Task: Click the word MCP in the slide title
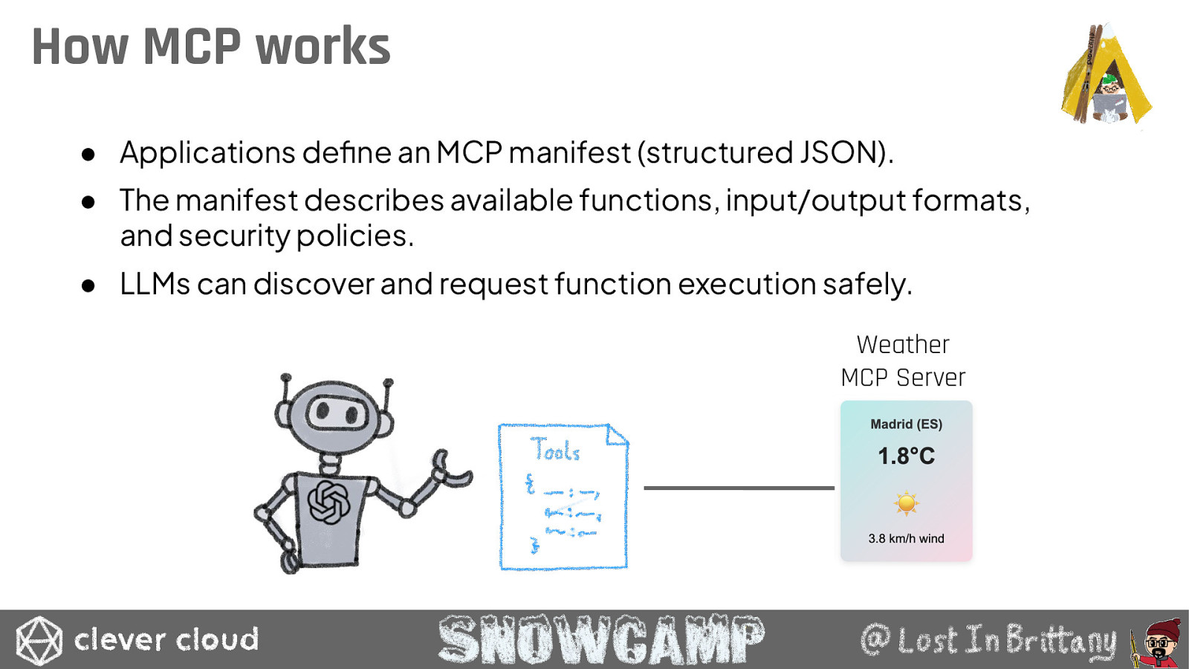click(192, 46)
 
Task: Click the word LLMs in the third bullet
click(155, 283)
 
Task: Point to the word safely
click(868, 285)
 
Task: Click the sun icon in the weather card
click(906, 502)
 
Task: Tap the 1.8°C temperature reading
click(906, 456)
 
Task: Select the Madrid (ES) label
click(906, 424)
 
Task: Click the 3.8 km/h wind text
click(906, 538)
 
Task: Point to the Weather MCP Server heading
click(903, 361)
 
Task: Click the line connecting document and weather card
click(739, 488)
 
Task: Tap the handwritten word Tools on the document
click(555, 450)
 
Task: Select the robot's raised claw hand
click(451, 470)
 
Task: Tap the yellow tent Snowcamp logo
click(1107, 74)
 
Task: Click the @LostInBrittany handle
click(988, 640)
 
